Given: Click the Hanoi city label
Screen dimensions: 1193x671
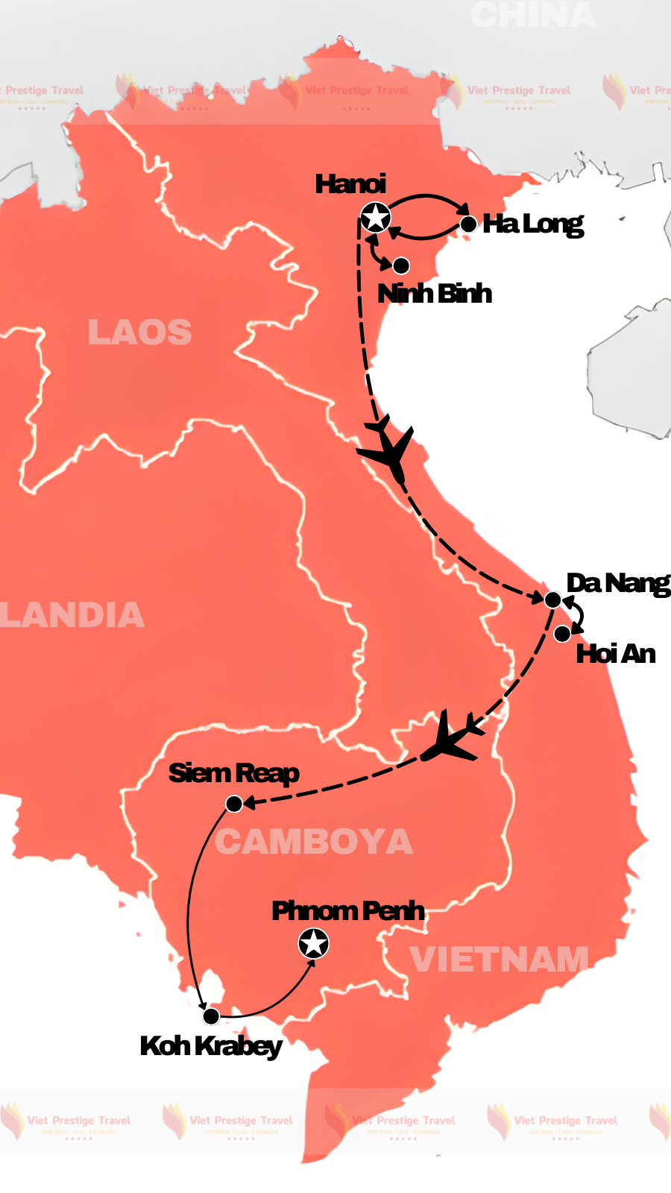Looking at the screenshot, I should coord(350,184).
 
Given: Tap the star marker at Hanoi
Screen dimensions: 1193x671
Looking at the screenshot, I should coord(375,218).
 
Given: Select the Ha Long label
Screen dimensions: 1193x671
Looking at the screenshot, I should coord(532,224).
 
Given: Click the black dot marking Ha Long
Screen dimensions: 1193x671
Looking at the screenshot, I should coord(468,224).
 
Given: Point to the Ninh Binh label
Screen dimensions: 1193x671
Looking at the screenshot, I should coord(435,294).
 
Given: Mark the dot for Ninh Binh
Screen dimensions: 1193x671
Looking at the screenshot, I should coord(401,265).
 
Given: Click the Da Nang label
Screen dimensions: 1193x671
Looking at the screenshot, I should coord(618,583).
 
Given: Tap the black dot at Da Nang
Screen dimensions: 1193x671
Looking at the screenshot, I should coord(552,599).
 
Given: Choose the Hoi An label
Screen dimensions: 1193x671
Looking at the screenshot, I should coord(616,654).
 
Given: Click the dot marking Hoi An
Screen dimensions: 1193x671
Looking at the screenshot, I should coord(562,634).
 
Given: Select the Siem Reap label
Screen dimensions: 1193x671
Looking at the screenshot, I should coord(233,773).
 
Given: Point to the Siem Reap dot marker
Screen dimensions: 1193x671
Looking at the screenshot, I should coord(234,804).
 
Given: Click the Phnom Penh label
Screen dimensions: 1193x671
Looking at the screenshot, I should coord(348,911).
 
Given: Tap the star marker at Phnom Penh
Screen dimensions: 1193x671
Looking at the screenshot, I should coord(313,944).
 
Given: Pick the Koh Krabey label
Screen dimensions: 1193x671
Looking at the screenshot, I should coord(211,1046).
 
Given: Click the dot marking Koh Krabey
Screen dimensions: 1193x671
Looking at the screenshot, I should coord(211,1016).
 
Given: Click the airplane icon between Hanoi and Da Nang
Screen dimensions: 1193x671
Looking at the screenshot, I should coord(388,450).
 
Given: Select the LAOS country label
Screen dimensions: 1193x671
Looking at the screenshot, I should coord(139,333).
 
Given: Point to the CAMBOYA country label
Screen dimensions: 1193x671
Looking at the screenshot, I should coord(314,843).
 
